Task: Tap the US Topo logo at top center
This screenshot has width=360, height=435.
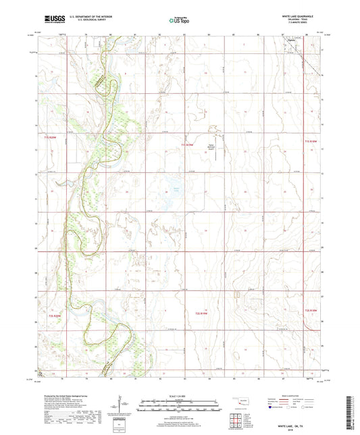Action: coord(179,21)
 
